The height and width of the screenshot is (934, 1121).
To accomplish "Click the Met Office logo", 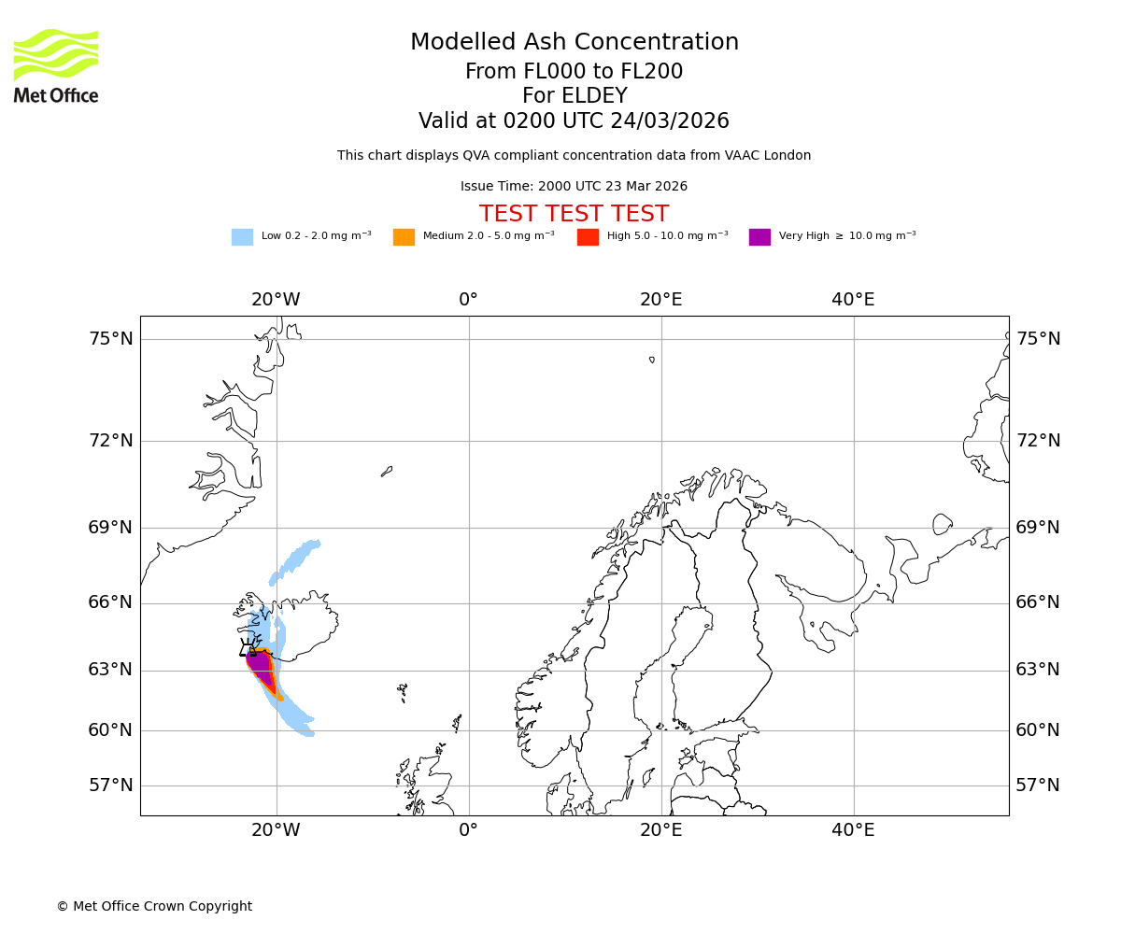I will [x=56, y=65].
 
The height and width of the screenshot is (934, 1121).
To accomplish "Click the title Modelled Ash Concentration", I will [x=575, y=42].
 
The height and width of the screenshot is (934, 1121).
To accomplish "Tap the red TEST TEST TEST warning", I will [x=574, y=214].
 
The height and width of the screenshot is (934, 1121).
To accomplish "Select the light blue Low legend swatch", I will [x=242, y=236].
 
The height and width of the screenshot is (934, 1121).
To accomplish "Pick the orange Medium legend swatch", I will [x=404, y=236].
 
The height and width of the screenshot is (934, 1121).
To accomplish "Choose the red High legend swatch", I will [x=588, y=236].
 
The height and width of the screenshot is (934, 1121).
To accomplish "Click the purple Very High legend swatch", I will [x=759, y=236].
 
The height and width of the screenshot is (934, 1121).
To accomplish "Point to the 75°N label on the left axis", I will [x=111, y=338].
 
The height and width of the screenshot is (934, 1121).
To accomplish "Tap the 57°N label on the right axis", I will [x=1038, y=785].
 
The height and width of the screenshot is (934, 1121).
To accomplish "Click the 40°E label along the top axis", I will [x=853, y=300].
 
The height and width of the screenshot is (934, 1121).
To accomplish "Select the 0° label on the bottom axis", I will [x=468, y=830].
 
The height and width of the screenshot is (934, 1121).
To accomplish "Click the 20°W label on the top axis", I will [x=276, y=300].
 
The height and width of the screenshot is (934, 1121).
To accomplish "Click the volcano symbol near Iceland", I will [x=249, y=647].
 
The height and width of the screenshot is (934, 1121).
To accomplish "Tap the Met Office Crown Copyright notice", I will [x=154, y=906].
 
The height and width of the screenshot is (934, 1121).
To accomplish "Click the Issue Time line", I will [x=574, y=186].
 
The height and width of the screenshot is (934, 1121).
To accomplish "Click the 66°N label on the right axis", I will [x=1038, y=602].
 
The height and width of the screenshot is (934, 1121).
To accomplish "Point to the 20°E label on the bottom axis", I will [x=660, y=830].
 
